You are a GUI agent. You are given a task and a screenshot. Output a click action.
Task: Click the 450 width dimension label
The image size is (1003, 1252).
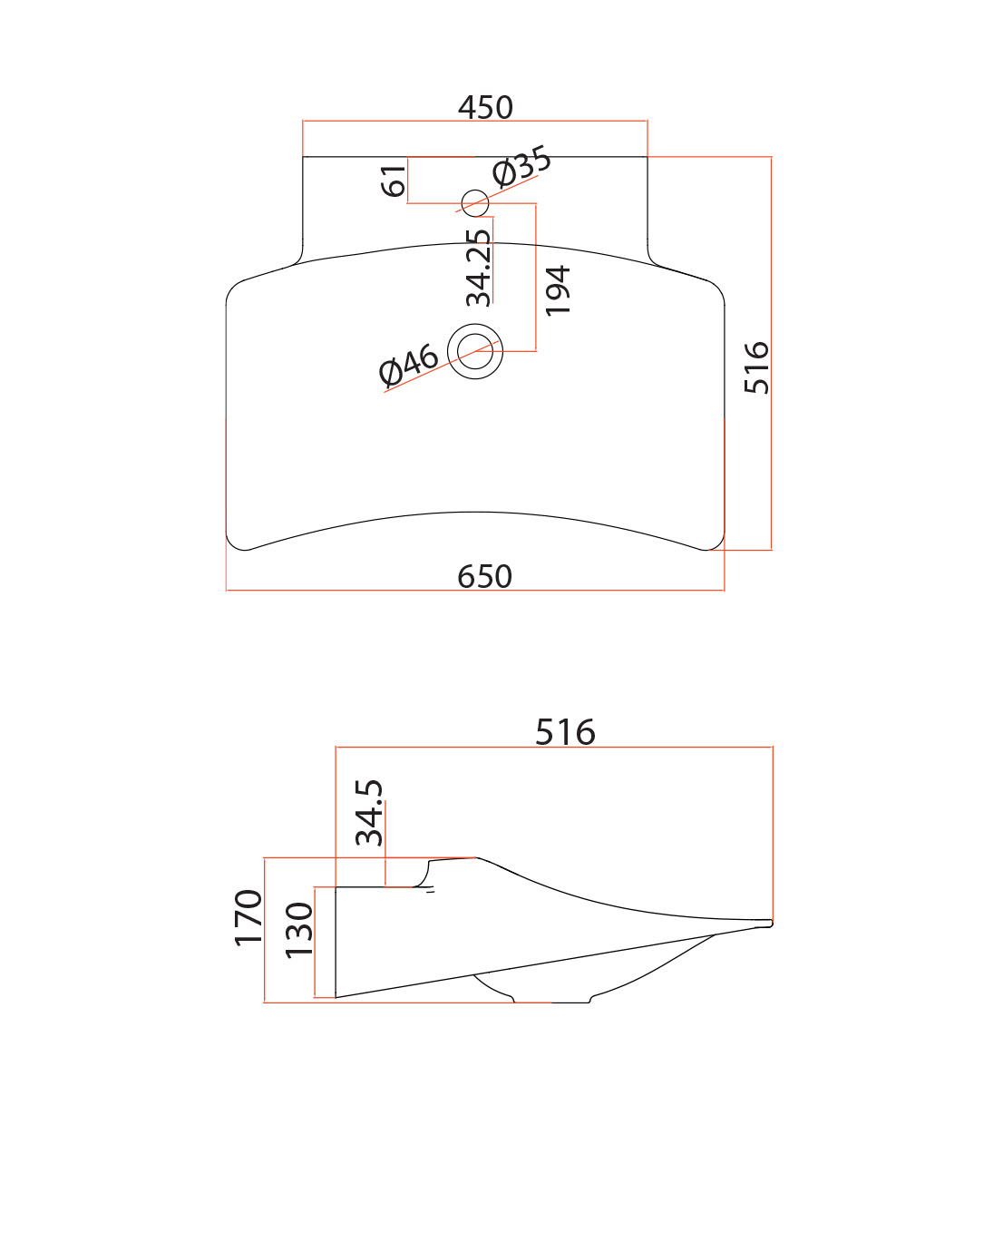point(485,108)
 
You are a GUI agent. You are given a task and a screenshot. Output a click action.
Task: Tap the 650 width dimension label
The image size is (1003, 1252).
point(484,576)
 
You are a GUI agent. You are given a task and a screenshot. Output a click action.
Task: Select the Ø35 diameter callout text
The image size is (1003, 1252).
point(521,166)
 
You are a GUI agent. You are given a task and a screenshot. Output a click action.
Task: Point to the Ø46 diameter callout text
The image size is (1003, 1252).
point(408,365)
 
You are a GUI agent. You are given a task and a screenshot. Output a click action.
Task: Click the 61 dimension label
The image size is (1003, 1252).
point(394,181)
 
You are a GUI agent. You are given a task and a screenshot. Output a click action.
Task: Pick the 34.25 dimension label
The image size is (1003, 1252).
point(479,268)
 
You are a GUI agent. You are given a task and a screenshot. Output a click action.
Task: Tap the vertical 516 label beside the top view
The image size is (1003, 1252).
point(756,367)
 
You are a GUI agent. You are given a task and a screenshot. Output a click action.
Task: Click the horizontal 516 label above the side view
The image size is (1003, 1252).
point(565,732)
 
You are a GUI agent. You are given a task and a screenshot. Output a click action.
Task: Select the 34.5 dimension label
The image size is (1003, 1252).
point(369,813)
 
